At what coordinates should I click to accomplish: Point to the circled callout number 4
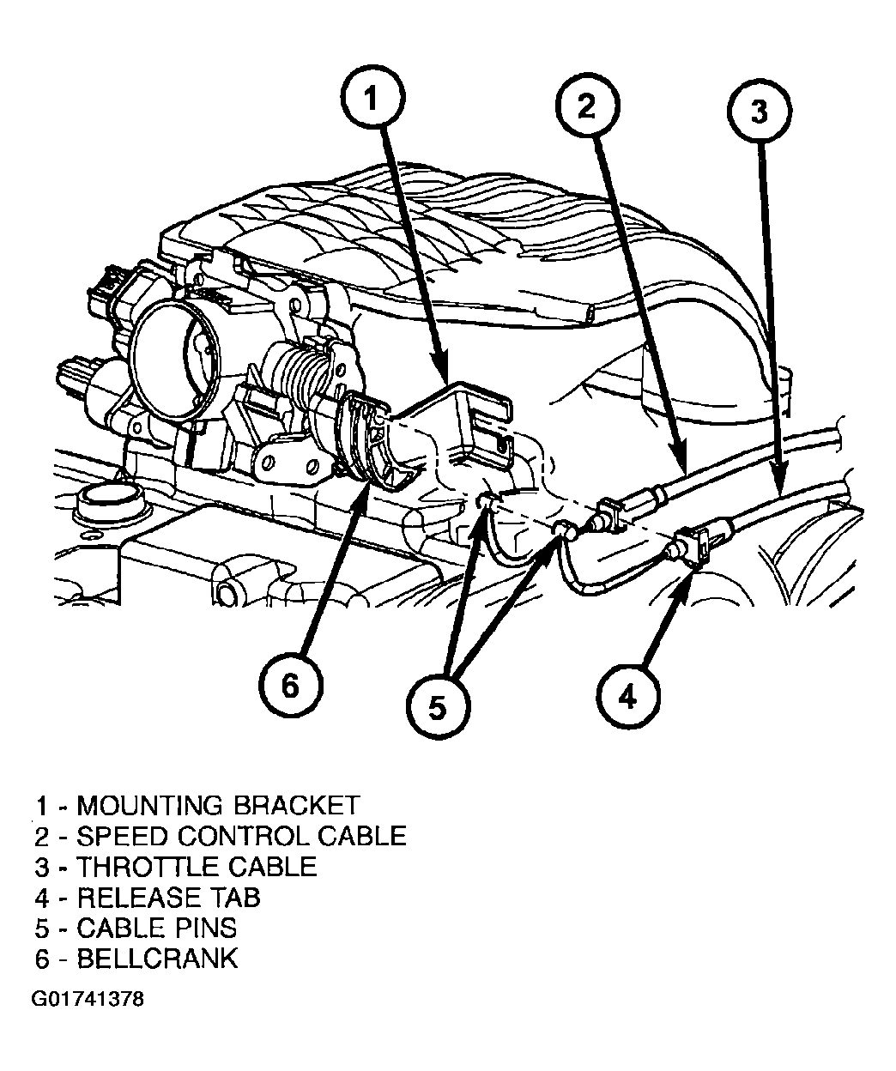pos(627,697)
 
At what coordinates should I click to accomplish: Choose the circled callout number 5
pos(438,706)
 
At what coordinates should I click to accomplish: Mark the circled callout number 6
pos(290,685)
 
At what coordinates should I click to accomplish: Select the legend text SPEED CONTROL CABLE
pos(241,836)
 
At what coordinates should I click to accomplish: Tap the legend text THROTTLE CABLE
pos(197,867)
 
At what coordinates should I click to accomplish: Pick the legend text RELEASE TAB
pos(168,898)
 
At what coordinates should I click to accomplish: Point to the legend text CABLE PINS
pos(156,928)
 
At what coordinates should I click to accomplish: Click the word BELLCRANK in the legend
pos(157,959)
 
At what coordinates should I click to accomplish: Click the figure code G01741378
pos(88,1000)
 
